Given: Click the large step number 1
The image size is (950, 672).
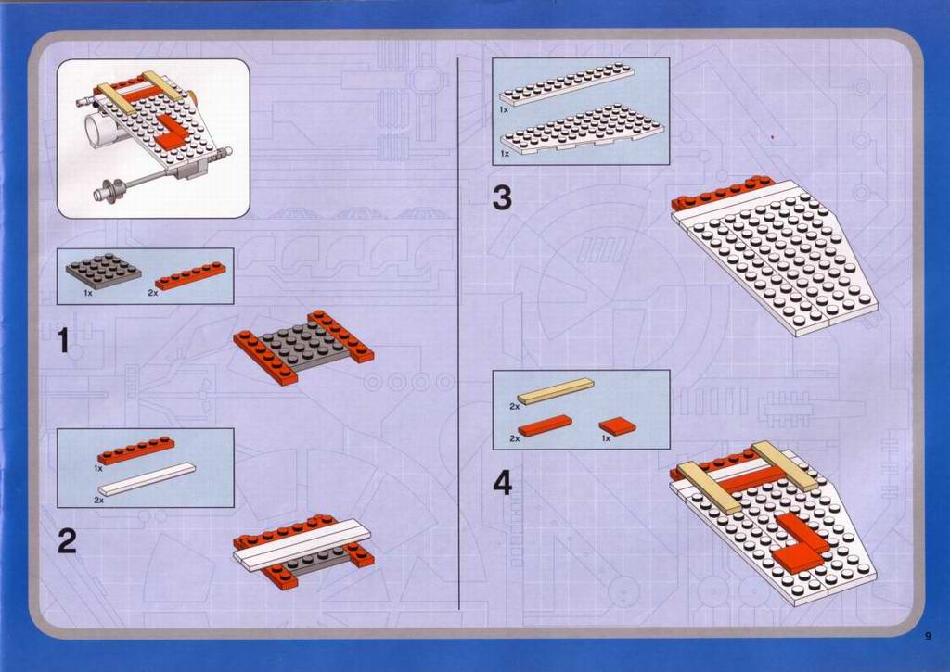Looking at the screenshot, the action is tap(64, 340).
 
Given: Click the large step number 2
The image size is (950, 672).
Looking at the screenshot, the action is tap(67, 540).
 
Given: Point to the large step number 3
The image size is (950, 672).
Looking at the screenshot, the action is tap(502, 198).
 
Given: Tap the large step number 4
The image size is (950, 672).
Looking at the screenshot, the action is tap(502, 483).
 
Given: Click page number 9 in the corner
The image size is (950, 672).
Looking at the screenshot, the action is tap(928, 636).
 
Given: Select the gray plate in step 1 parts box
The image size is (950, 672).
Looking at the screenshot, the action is tap(103, 270).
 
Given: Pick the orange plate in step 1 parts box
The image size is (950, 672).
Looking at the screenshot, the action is tap(191, 275).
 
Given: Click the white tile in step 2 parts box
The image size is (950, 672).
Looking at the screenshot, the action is tap(148, 479).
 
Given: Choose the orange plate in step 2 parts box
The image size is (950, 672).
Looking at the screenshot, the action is tap(135, 450).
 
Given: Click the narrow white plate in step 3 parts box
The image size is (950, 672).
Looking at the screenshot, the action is tap(567, 86).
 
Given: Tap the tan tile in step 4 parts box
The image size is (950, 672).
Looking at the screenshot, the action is tap(556, 391).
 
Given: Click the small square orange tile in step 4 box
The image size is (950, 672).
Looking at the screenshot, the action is tap(617, 426).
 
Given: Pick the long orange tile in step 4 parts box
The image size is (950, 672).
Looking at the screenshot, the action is tap(545, 425).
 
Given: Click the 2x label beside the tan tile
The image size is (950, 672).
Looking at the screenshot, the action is tap(514, 407).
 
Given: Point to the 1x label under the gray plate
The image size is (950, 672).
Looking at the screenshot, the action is tap(88, 293).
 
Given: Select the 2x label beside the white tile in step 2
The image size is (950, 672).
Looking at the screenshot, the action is tap(98, 501).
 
